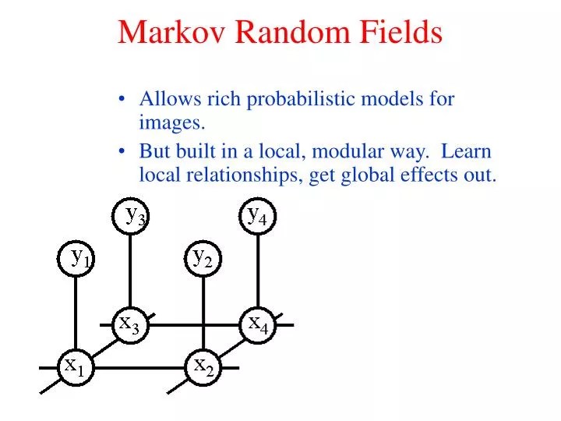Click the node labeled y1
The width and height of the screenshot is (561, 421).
click(x=76, y=258)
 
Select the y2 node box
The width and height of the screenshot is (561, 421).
click(x=203, y=257)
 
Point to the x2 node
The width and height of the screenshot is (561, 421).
click(x=203, y=366)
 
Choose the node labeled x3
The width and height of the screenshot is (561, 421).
click(x=130, y=324)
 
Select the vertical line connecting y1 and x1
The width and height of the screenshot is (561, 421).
click(x=76, y=312)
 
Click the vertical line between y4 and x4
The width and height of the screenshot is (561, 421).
click(x=257, y=269)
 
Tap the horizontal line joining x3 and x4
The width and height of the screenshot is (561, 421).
click(x=195, y=324)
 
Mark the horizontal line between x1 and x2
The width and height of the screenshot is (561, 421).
click(x=140, y=366)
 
